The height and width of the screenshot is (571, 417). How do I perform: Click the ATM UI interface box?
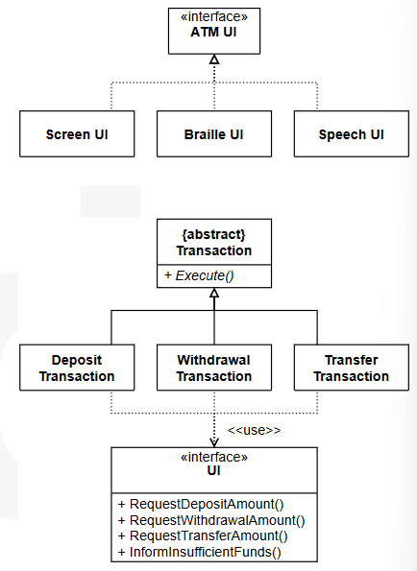(x=214, y=31)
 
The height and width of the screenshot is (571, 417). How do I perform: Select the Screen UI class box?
(x=77, y=133)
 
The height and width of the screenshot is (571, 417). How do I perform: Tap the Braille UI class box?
(x=214, y=133)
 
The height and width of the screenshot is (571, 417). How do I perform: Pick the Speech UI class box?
(x=352, y=133)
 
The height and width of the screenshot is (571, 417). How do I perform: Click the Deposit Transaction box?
(x=77, y=368)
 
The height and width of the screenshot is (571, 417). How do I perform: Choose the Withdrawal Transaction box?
(x=214, y=368)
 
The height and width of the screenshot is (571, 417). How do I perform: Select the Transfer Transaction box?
(x=352, y=368)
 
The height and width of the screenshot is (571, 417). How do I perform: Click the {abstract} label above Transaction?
(x=213, y=234)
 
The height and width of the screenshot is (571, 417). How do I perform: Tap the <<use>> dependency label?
(x=254, y=430)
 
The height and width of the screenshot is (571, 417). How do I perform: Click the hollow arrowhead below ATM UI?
(x=214, y=59)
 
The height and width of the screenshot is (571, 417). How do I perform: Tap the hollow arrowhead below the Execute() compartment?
(x=214, y=293)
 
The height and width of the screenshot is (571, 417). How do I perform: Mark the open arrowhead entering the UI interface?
(x=214, y=442)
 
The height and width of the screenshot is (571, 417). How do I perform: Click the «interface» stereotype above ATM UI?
(x=214, y=16)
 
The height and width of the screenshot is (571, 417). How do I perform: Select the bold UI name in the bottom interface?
(x=213, y=470)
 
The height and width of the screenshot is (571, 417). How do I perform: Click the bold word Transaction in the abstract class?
(x=214, y=250)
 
